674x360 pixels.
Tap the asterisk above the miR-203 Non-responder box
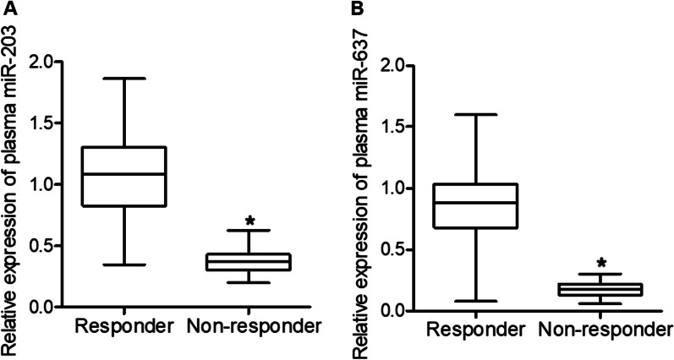click(x=249, y=221)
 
